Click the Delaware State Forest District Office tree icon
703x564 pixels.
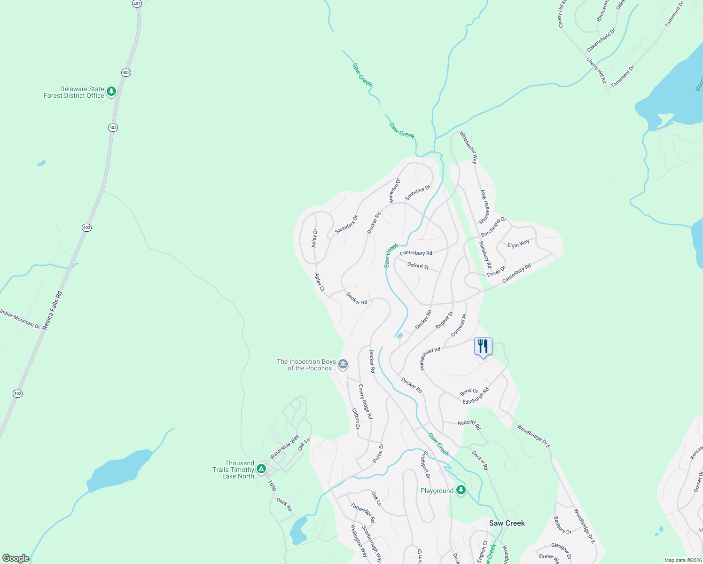(x=111, y=91)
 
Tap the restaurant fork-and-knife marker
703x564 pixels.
(x=483, y=347)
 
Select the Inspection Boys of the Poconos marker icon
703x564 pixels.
(x=344, y=364)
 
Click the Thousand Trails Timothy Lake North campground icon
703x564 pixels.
(x=261, y=469)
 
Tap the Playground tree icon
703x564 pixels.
(x=461, y=490)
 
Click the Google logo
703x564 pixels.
(x=16, y=558)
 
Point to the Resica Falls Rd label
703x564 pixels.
(x=52, y=310)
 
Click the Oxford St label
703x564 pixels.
(x=418, y=266)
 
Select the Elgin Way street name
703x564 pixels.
(x=518, y=243)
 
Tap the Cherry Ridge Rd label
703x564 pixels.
(x=365, y=402)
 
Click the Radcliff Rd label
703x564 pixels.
(x=469, y=424)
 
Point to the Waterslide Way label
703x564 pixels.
(x=284, y=447)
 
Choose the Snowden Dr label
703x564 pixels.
(x=395, y=190)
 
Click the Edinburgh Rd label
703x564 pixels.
(x=476, y=396)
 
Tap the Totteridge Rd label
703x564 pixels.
(x=363, y=513)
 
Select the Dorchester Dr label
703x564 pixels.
(x=493, y=227)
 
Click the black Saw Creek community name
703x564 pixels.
(x=507, y=523)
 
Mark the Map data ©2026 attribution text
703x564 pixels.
(x=683, y=560)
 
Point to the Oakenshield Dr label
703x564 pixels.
(x=601, y=41)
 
